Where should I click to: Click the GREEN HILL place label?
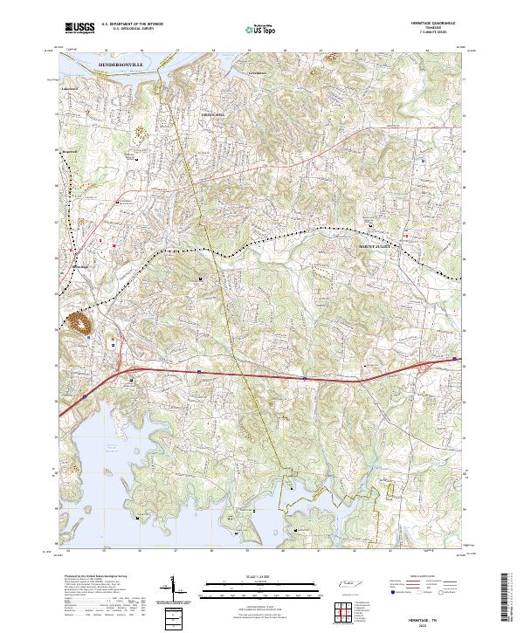pyautogui.click(x=214, y=114)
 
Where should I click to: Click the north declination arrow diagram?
pyautogui.click(x=174, y=590)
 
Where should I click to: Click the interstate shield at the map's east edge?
pyautogui.click(x=454, y=358)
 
